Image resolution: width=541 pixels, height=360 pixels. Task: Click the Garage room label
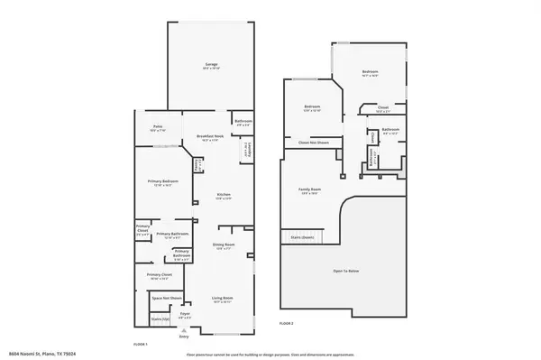[211, 66]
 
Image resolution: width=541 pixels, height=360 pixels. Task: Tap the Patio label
[157, 128]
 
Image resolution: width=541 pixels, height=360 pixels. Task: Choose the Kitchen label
[223, 196]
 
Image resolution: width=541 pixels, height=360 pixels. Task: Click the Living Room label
[223, 299]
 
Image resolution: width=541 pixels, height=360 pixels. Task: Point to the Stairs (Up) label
[160, 319]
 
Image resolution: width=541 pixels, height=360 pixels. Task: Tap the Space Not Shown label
[167, 298]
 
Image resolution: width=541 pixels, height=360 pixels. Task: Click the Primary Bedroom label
[163, 182]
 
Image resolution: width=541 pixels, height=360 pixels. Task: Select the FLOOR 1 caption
[140, 345]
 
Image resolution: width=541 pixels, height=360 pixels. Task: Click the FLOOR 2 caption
[287, 322]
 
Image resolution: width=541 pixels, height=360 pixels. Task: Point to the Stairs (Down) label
[302, 236]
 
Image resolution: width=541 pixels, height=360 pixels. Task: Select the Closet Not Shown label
[313, 143]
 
